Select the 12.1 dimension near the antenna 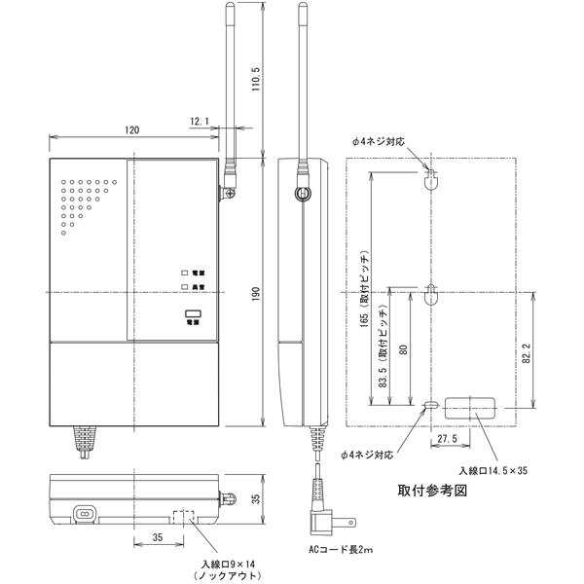[200, 121]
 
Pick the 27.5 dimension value [449, 439]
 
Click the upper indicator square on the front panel [182, 274]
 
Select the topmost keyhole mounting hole [431, 178]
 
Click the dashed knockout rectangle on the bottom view [184, 514]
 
